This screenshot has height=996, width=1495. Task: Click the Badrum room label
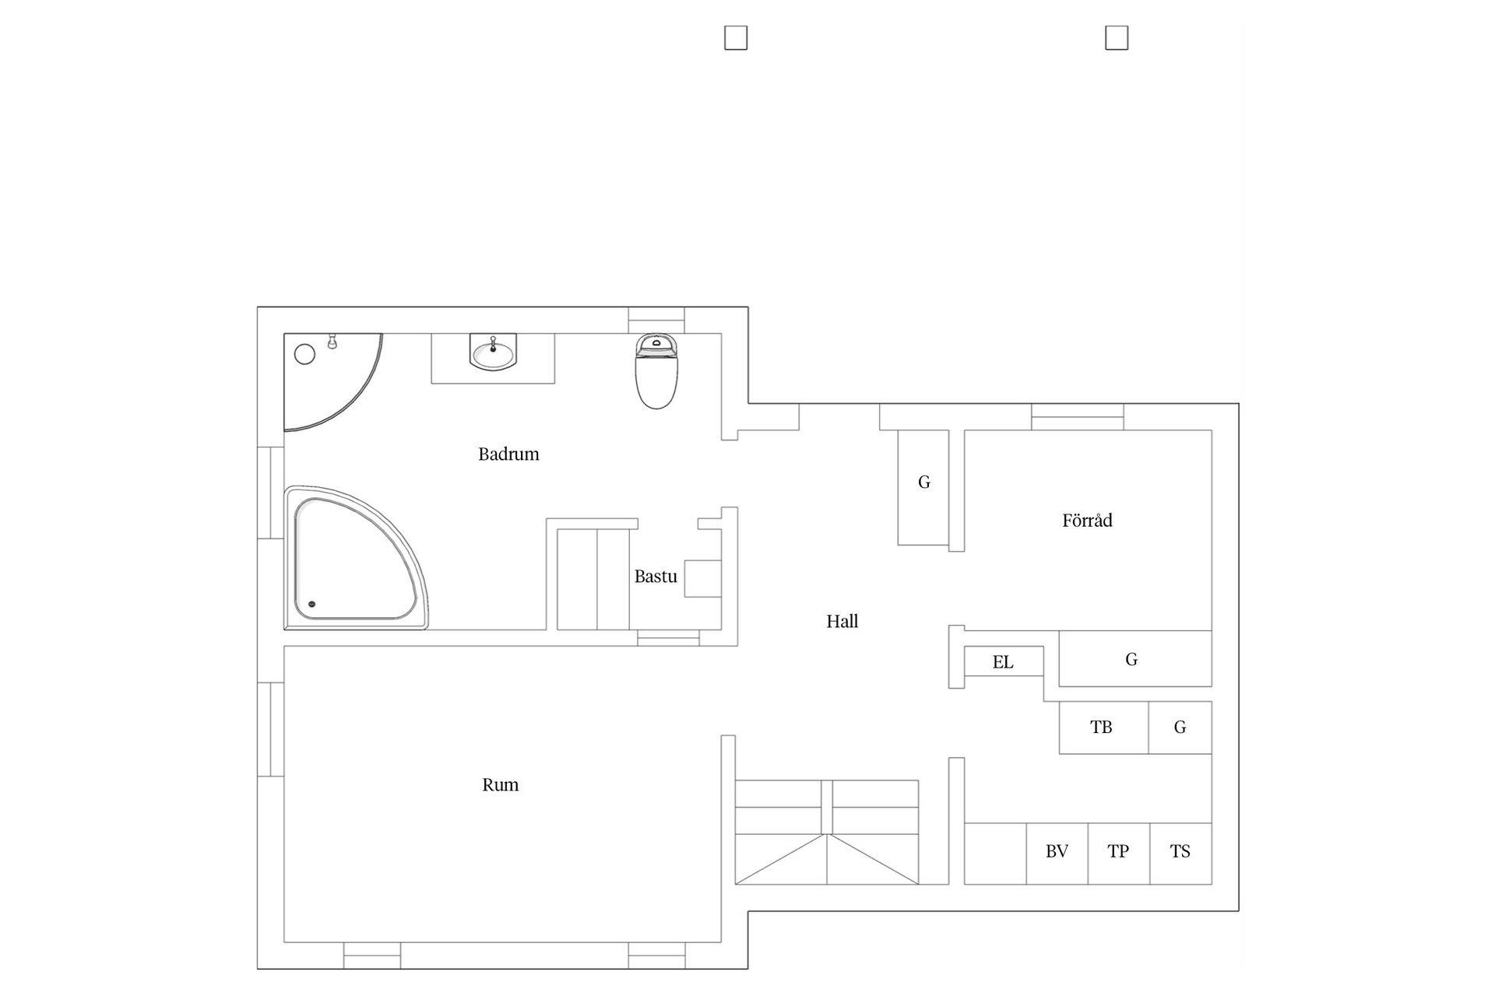point(508,454)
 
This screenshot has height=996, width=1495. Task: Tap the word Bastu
point(656,577)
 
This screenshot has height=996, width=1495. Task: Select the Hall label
point(842,621)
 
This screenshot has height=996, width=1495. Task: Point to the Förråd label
point(1087,520)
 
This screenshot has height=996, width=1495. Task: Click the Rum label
point(500,784)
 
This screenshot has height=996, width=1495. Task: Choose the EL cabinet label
point(1003,662)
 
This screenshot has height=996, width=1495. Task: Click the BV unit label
point(1057,851)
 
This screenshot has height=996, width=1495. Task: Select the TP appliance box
point(1119,854)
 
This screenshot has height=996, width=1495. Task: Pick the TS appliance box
point(1180,854)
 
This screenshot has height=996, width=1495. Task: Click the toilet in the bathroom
point(656,371)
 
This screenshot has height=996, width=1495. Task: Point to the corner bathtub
point(356,558)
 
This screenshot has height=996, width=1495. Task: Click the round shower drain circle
point(304,355)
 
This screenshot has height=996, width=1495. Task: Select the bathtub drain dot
point(312,604)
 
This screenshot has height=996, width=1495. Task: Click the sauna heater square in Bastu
point(702,578)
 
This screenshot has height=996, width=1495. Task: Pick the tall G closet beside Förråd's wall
point(923,487)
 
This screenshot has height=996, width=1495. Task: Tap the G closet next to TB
point(1180,728)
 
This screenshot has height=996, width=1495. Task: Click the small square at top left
point(736,38)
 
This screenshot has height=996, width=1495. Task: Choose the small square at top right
point(1117,38)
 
